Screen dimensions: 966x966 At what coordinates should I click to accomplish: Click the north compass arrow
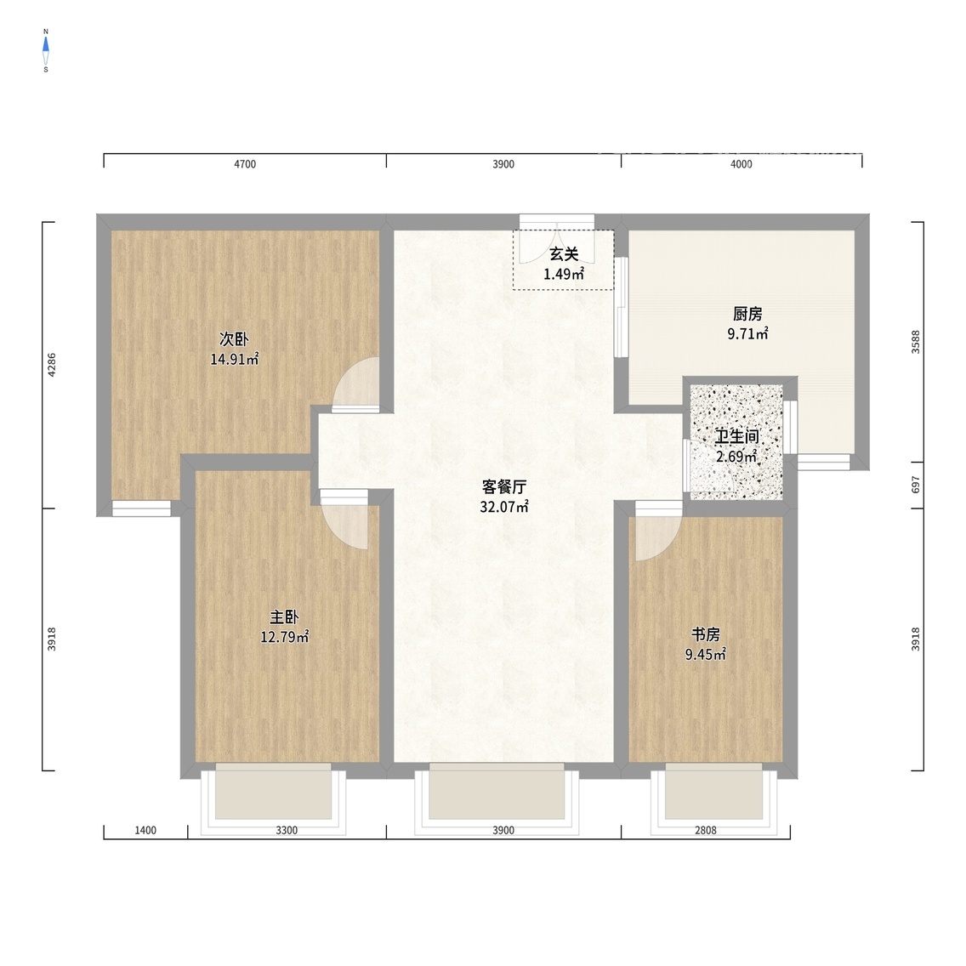click(x=46, y=43)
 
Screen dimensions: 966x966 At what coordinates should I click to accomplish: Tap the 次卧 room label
click(x=234, y=338)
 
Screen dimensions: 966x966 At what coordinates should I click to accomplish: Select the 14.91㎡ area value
click(x=234, y=359)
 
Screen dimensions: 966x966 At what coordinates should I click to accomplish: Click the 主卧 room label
click(x=284, y=617)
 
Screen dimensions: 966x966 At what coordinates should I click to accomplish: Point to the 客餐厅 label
click(x=504, y=486)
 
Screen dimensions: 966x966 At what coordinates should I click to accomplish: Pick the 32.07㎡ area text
click(x=504, y=507)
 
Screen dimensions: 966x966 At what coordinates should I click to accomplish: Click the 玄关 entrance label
click(x=564, y=253)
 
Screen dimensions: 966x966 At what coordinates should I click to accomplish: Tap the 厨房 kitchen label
click(x=748, y=314)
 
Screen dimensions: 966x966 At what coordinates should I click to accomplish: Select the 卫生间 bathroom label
click(x=736, y=437)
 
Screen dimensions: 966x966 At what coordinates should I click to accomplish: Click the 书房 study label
click(x=706, y=634)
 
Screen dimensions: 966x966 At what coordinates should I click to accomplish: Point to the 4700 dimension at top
click(x=245, y=164)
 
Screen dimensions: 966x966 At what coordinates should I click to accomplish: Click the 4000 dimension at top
click(x=742, y=164)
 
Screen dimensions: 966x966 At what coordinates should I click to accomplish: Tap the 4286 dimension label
click(x=52, y=365)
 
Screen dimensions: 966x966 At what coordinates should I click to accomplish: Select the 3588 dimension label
click(x=916, y=342)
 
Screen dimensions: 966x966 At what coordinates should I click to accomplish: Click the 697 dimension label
click(x=916, y=485)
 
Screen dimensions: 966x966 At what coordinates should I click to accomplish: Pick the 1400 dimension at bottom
click(x=145, y=831)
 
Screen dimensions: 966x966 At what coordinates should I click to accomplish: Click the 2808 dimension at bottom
click(x=706, y=831)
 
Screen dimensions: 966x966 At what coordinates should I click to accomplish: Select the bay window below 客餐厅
click(x=497, y=798)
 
